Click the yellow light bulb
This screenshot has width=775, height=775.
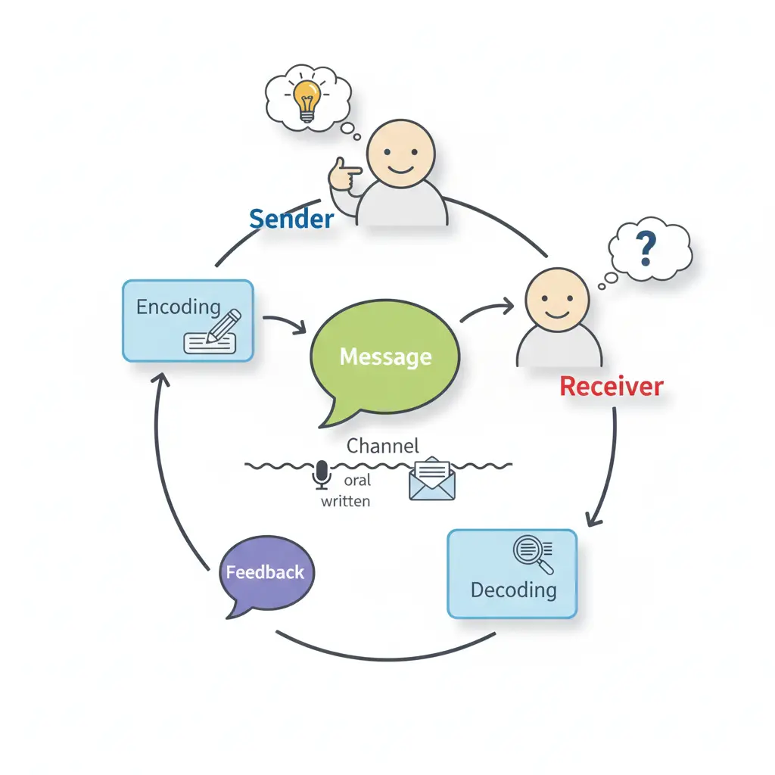pyautogui.click(x=306, y=97)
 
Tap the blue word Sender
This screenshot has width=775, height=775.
pyautogui.click(x=291, y=219)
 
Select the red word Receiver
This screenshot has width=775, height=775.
pyautogui.click(x=611, y=387)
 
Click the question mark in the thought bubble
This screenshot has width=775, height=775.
pyautogui.click(x=645, y=248)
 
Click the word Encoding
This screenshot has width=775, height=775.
pyautogui.click(x=178, y=307)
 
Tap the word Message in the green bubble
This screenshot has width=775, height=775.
pyautogui.click(x=385, y=356)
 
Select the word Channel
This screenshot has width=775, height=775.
pyautogui.click(x=382, y=446)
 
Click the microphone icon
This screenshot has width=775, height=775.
pyautogui.click(x=322, y=475)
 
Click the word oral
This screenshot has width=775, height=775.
pyautogui.click(x=357, y=481)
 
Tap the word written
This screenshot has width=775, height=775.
pyautogui.click(x=345, y=500)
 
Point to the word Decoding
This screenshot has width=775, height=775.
pyautogui.click(x=513, y=590)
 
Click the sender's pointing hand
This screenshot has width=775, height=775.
pyautogui.click(x=344, y=176)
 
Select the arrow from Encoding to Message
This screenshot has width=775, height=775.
pyautogui.click(x=285, y=324)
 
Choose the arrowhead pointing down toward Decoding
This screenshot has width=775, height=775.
pyautogui.click(x=594, y=519)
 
